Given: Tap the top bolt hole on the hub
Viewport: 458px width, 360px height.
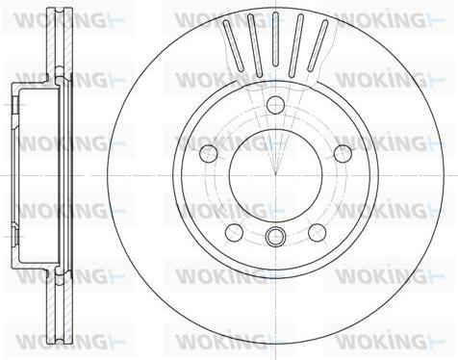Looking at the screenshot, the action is (x=275, y=105).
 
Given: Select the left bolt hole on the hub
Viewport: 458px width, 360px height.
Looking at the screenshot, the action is (x=209, y=153).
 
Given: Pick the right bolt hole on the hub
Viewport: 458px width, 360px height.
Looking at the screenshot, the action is (x=343, y=153).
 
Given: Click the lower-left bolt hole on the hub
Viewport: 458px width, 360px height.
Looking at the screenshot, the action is (x=234, y=233).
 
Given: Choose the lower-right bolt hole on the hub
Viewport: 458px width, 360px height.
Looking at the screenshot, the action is (x=317, y=233).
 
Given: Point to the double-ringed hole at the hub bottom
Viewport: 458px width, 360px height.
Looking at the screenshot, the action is (x=275, y=237).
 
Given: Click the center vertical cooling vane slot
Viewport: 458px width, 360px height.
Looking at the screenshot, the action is (x=275, y=39).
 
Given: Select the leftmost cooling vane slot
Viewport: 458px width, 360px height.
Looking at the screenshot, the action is (x=233, y=45).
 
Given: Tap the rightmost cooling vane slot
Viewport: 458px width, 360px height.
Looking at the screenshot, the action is (x=318, y=45).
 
